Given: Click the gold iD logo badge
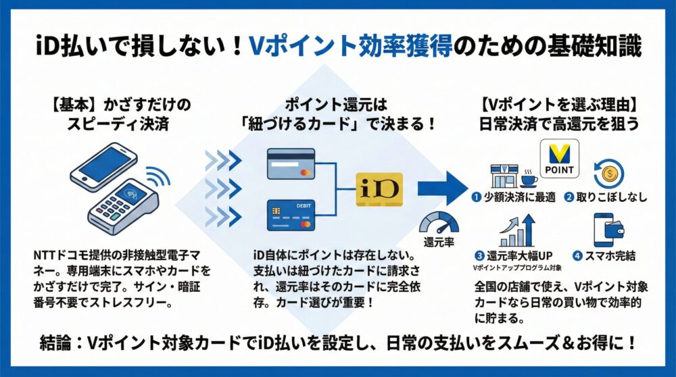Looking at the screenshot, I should pyautogui.click(x=379, y=188).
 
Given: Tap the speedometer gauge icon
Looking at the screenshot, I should pyautogui.click(x=439, y=223).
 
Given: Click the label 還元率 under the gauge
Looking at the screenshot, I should pyautogui.click(x=439, y=242).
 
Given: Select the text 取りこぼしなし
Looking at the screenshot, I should pyautogui.click(x=612, y=198).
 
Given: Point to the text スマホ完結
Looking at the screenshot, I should pyautogui.click(x=612, y=257).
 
